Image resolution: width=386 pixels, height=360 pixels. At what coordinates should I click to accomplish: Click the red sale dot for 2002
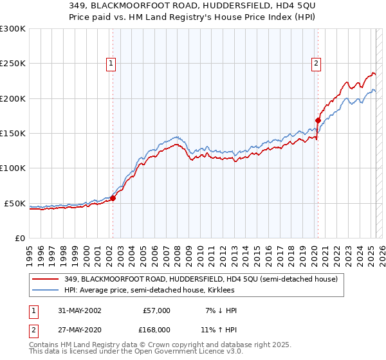pos(113,198)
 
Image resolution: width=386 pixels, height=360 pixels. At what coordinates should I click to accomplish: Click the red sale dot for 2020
pos(318,120)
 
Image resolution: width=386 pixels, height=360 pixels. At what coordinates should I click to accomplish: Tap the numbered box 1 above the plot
pos(112,63)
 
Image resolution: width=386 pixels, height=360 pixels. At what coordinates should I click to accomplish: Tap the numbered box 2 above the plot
pos(317,63)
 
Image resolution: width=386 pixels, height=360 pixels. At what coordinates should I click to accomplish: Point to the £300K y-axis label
pos(13,29)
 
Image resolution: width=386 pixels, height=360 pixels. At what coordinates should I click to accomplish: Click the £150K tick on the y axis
pos(13,134)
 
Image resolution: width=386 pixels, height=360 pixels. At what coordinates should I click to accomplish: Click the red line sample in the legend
pos(45,279)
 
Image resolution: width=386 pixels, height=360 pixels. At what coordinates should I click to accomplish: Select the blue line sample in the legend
pos(45,291)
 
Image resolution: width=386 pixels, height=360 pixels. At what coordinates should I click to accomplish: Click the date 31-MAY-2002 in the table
pos(78,310)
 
